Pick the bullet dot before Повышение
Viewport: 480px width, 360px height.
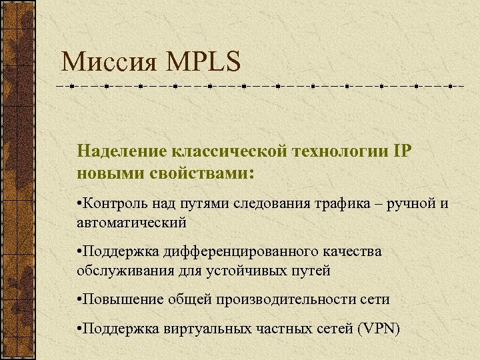click(79, 300)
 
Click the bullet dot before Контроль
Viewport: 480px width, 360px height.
click(79, 203)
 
